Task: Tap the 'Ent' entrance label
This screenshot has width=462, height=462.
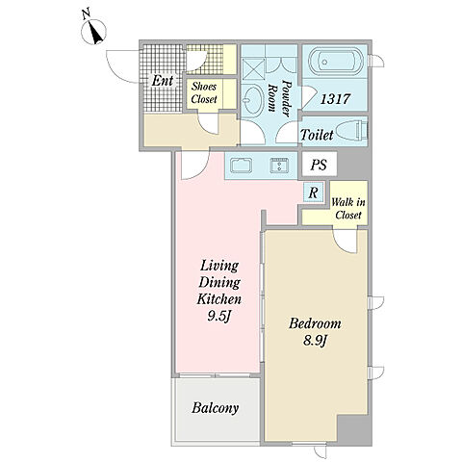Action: coord(163,81)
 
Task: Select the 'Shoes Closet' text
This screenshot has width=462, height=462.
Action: coord(204,92)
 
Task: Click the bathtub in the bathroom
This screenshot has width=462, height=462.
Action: coord(335,62)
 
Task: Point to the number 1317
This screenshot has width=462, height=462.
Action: coord(335,99)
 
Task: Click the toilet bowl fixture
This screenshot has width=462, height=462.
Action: coord(351,131)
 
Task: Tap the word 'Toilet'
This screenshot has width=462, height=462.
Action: coord(317,135)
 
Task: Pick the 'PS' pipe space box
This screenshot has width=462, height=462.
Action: coord(319,165)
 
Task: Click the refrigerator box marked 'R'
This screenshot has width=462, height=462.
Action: coord(314,192)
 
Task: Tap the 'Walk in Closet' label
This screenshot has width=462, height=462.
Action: coord(348,209)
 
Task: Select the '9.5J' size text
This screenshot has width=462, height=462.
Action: coord(219,317)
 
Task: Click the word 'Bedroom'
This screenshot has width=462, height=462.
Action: coord(315,323)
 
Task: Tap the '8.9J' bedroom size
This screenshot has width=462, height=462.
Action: coord(315,341)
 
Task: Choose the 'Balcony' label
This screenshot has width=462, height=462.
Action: coord(216,408)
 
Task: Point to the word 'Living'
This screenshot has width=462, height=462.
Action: coord(219,266)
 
